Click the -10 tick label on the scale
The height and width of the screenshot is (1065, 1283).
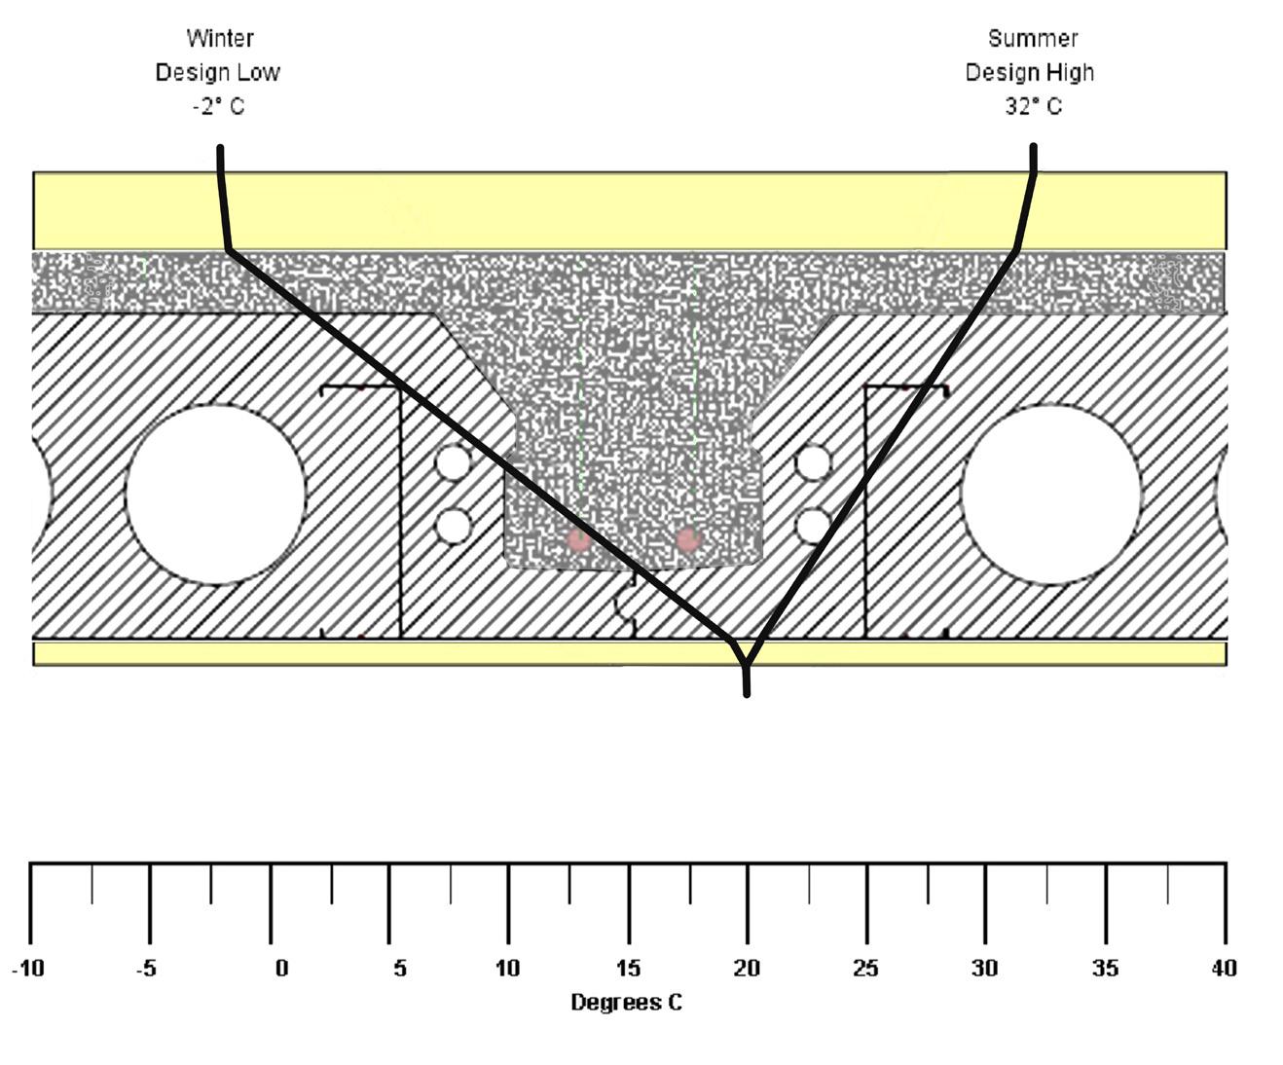[x=28, y=969]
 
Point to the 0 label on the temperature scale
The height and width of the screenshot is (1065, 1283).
[x=281, y=969]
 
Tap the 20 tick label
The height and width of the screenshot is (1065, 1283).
[x=747, y=969]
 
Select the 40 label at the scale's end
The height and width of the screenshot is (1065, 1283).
[x=1224, y=969]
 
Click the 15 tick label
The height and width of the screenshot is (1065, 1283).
[x=628, y=969]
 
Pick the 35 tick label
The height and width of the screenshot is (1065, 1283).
[x=1105, y=969]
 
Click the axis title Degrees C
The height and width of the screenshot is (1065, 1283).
[x=626, y=1003]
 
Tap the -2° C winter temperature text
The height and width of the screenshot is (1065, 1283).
[x=219, y=106]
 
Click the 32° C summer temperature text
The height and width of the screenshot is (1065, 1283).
[x=1033, y=106]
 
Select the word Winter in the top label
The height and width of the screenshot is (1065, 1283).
[x=220, y=39]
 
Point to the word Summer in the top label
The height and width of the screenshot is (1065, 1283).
[x=1033, y=39]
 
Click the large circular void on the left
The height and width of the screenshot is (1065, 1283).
[x=215, y=495]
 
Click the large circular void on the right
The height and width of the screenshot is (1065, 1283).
[x=1050, y=495]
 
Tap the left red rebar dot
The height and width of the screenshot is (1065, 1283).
[x=579, y=538]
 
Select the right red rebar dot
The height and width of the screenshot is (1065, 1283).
[x=688, y=538]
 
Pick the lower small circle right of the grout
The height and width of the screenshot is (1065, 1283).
[x=813, y=527]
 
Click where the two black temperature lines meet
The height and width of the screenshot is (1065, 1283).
[x=745, y=664]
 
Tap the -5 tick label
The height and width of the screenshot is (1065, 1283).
[x=146, y=969]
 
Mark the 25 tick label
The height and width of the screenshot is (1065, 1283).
[x=865, y=969]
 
